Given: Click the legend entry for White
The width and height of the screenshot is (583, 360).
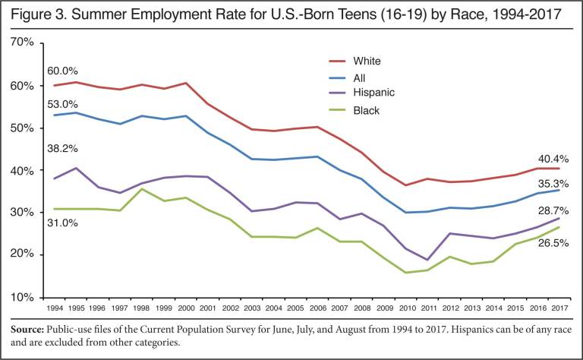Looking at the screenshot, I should [x=367, y=61].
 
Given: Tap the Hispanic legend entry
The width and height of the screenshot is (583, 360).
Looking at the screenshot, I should [x=373, y=93].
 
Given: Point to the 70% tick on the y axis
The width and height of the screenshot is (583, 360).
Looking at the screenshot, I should [x=23, y=43].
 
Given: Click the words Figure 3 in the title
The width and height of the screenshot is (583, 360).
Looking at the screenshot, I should [x=37, y=15].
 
